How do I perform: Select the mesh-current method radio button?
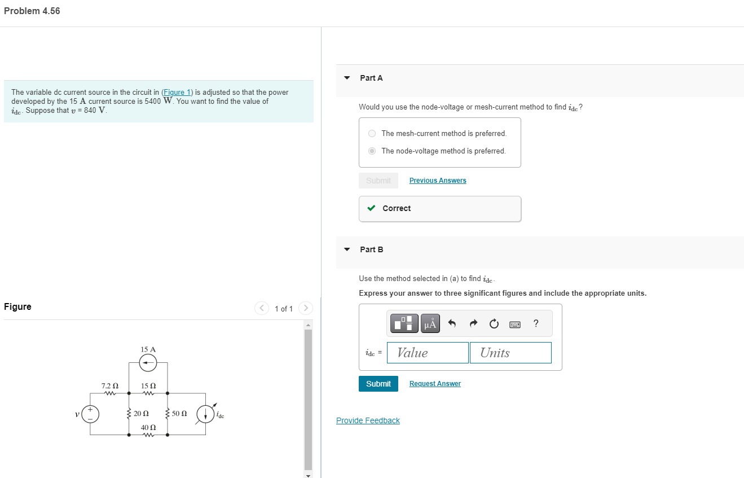(372, 134)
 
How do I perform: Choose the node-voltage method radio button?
(372, 151)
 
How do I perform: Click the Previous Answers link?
(438, 181)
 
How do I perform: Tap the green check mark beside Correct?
(371, 208)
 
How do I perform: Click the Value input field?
(428, 353)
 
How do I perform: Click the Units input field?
(510, 353)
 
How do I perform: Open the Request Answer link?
(435, 384)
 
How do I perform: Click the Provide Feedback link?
(368, 420)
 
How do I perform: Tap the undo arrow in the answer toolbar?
(452, 323)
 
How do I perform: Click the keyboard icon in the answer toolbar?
(515, 324)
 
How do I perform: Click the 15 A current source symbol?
(148, 364)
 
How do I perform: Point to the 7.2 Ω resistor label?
(109, 385)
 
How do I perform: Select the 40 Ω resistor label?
(148, 427)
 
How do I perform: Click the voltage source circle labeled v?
(91, 414)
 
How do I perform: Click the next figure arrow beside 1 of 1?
(305, 308)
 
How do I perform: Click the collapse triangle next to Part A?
(347, 78)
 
